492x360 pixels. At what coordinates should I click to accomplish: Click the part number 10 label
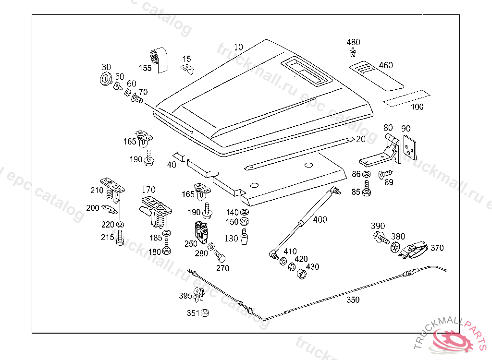[x=239, y=47]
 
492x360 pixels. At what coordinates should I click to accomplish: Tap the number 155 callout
[x=146, y=68]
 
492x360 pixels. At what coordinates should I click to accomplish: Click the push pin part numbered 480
[x=354, y=53]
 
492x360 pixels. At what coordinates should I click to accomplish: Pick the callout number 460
[x=385, y=65]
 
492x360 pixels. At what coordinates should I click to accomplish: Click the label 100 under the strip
[x=417, y=107]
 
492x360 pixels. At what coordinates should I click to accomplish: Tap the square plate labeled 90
[x=409, y=147]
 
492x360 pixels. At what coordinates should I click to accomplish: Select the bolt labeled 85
[x=367, y=189]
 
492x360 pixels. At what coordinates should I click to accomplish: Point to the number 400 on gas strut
[x=320, y=219]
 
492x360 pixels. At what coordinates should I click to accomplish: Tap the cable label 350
[x=353, y=300]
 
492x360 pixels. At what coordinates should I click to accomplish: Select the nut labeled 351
[x=205, y=313]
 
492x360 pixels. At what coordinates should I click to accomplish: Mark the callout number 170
[x=148, y=190]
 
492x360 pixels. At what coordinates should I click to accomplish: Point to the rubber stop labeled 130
[x=246, y=237]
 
